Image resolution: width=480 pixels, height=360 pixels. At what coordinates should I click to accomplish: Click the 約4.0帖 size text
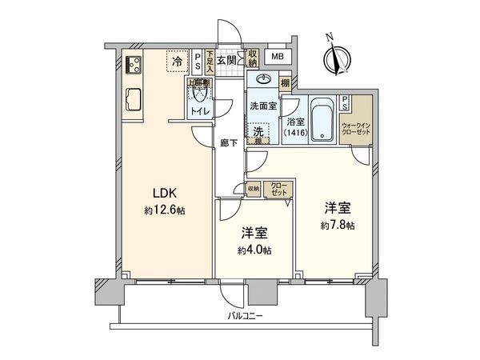pyautogui.click(x=255, y=250)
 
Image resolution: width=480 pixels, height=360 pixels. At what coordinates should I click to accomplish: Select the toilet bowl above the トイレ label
pyautogui.click(x=198, y=93)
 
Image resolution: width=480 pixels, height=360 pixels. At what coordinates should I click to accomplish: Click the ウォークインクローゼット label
pyautogui.click(x=356, y=130)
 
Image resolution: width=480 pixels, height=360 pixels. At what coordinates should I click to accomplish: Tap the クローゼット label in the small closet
pyautogui.click(x=282, y=190)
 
